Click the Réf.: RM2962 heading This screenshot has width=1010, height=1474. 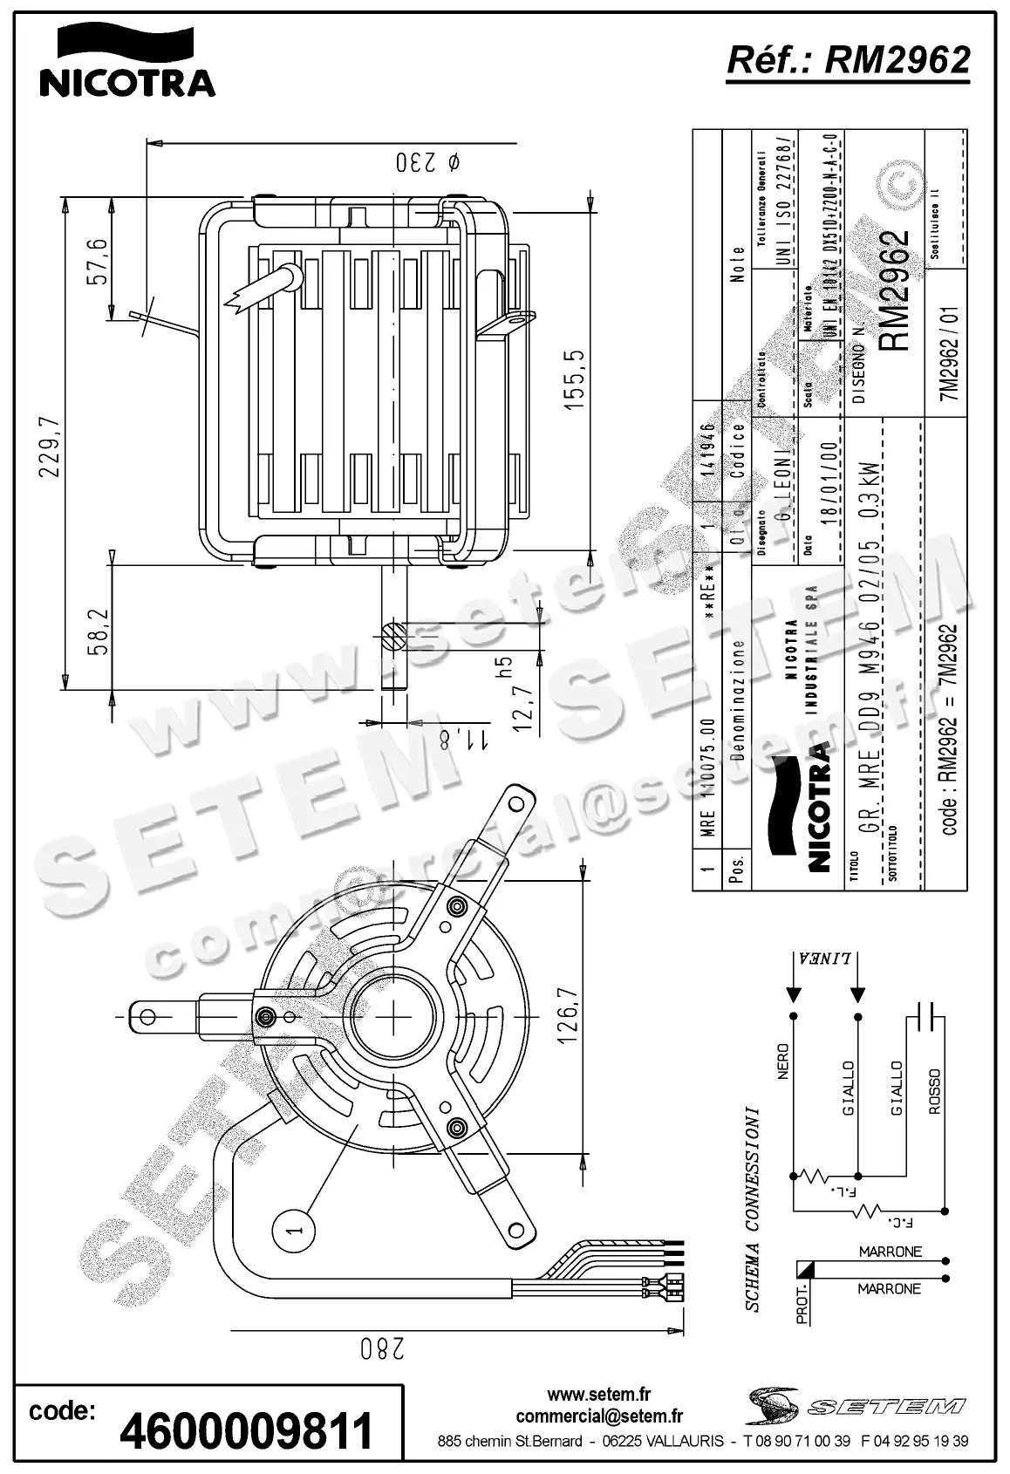coord(848,59)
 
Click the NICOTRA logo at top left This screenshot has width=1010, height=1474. coord(126,61)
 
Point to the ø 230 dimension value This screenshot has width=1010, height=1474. coord(427,163)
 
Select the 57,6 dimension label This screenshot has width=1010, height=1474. coord(98,262)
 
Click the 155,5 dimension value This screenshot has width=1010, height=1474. coord(576,381)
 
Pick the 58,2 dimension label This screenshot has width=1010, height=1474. coord(98,631)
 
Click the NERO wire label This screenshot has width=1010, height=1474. coord(782,1061)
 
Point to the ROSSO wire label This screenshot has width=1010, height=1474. coord(934,1092)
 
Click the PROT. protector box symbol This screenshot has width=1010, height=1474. coord(804,1271)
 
